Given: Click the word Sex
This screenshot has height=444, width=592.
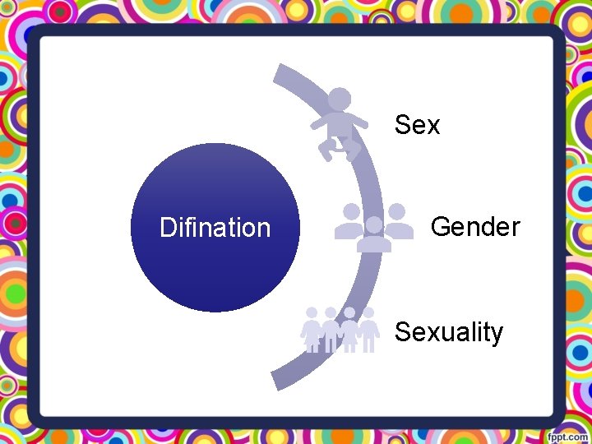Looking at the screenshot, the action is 417,126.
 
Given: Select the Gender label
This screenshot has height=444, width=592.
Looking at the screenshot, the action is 474,227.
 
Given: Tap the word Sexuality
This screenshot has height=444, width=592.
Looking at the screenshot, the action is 448,332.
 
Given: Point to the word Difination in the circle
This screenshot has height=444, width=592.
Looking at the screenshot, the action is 215,228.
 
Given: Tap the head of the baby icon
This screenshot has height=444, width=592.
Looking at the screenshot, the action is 340,99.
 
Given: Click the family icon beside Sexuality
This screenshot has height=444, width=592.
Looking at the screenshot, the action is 340,330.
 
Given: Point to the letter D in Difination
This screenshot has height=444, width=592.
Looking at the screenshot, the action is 167,228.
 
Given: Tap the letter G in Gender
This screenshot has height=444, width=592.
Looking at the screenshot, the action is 441,227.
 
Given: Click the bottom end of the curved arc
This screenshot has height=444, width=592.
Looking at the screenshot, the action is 280,381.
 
